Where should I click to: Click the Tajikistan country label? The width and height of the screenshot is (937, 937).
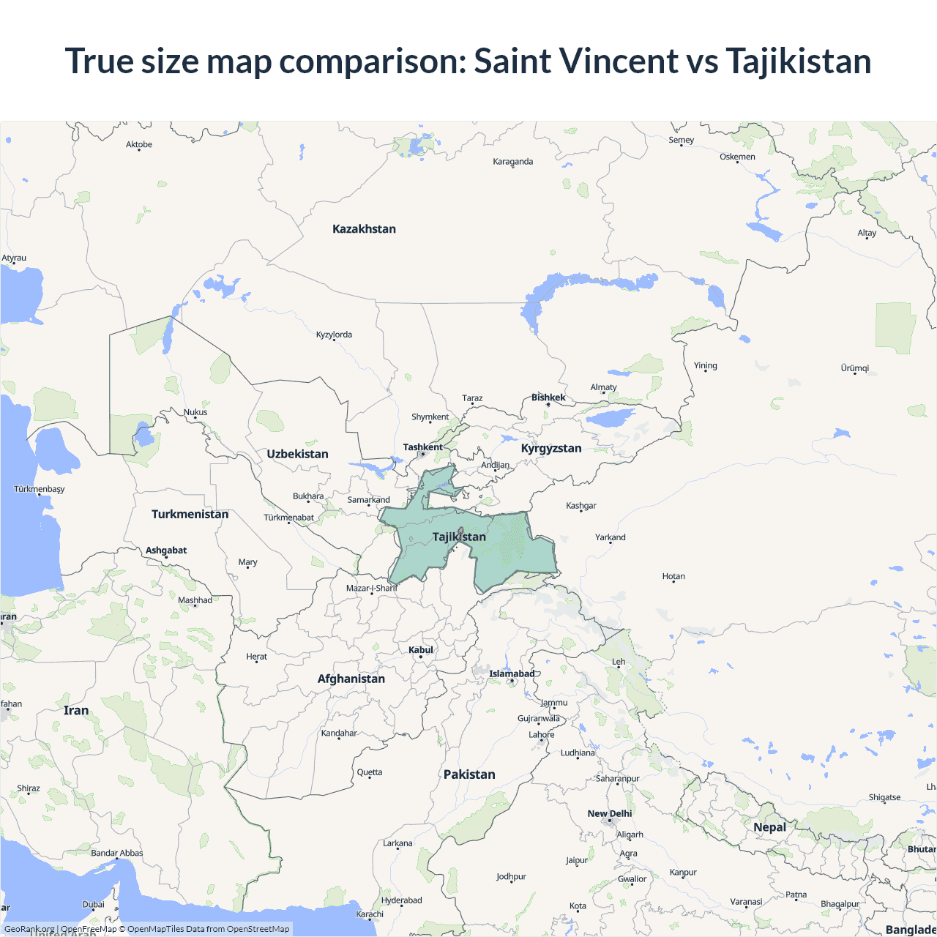[x=459, y=537]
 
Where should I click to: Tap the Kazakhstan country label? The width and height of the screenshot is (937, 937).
[x=364, y=229]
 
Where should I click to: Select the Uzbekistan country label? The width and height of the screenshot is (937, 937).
[x=297, y=454]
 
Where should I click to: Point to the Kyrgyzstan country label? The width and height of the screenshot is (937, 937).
[x=551, y=448]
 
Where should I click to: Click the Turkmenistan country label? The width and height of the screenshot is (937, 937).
[x=190, y=514]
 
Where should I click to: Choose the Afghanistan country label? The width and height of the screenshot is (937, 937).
[x=351, y=679]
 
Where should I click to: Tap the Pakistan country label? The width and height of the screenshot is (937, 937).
[x=469, y=774]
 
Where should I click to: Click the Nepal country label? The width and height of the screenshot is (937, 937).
[x=769, y=827]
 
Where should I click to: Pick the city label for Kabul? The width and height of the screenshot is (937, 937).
[x=421, y=650]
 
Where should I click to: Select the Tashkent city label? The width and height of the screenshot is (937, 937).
[x=422, y=447]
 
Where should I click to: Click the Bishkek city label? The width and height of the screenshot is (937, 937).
[x=548, y=397]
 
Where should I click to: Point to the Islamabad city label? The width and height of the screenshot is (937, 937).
[x=512, y=673]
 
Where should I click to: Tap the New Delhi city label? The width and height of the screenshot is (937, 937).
[x=609, y=813]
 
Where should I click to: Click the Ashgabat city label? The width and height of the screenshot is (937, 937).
[x=166, y=550]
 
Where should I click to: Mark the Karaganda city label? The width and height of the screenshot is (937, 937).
[x=512, y=162]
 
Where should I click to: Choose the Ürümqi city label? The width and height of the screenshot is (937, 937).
[x=854, y=368]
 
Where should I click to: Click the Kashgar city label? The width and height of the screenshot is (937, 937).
[x=581, y=506]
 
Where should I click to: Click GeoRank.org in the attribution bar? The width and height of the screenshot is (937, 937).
[x=29, y=929]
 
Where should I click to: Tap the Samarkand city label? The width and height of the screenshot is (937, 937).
[x=368, y=500]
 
